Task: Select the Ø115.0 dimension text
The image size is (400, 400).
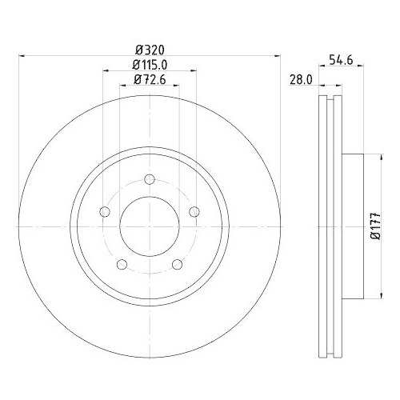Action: coord(149,63)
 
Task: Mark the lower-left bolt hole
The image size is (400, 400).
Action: coord(121,264)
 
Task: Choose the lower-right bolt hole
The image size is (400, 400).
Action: coord(177,264)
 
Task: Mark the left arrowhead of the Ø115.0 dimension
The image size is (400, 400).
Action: coord(105,71)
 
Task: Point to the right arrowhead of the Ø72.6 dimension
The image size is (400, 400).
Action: coord(177,86)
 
